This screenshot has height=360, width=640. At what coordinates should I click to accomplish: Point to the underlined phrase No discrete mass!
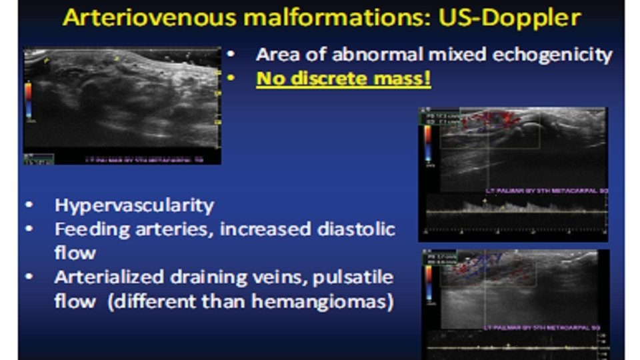(343, 79)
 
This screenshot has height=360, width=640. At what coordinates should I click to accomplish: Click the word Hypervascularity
(134, 205)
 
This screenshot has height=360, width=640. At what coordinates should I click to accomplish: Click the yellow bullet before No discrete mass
(231, 79)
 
